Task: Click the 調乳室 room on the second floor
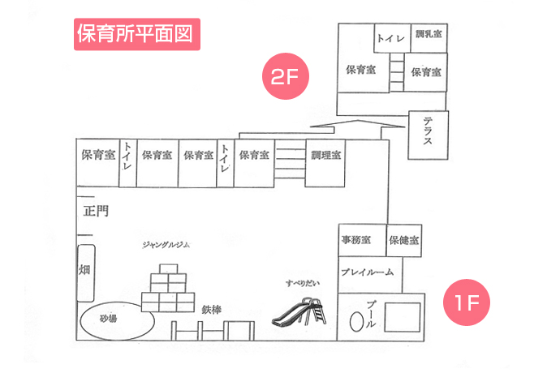coord(428,36)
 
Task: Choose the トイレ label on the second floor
coord(390,37)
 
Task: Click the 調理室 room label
coord(326,155)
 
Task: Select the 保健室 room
coord(403,240)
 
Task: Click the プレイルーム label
coord(366,272)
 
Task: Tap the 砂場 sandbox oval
coord(115,319)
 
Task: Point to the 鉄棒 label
coord(213,309)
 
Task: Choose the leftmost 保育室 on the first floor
coord(97,155)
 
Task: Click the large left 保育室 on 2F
coord(360,70)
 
